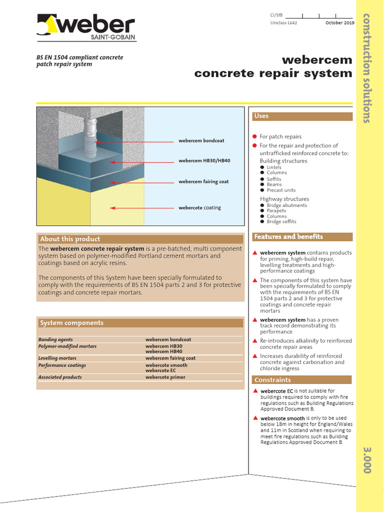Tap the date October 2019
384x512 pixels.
(339, 23)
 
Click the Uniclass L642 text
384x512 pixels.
(283, 23)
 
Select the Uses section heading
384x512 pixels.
(261, 116)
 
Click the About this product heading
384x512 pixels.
(70, 239)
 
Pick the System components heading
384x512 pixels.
(71, 323)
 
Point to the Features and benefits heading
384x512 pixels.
(288, 236)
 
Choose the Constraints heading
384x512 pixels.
(272, 380)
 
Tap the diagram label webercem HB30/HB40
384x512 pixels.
(204, 161)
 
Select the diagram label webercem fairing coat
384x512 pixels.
(203, 181)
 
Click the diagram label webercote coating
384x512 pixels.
(199, 207)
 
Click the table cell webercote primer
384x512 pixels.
(165, 377)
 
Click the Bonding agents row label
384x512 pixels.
(55, 339)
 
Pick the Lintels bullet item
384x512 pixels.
(274, 167)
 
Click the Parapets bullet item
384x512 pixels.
(276, 211)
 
